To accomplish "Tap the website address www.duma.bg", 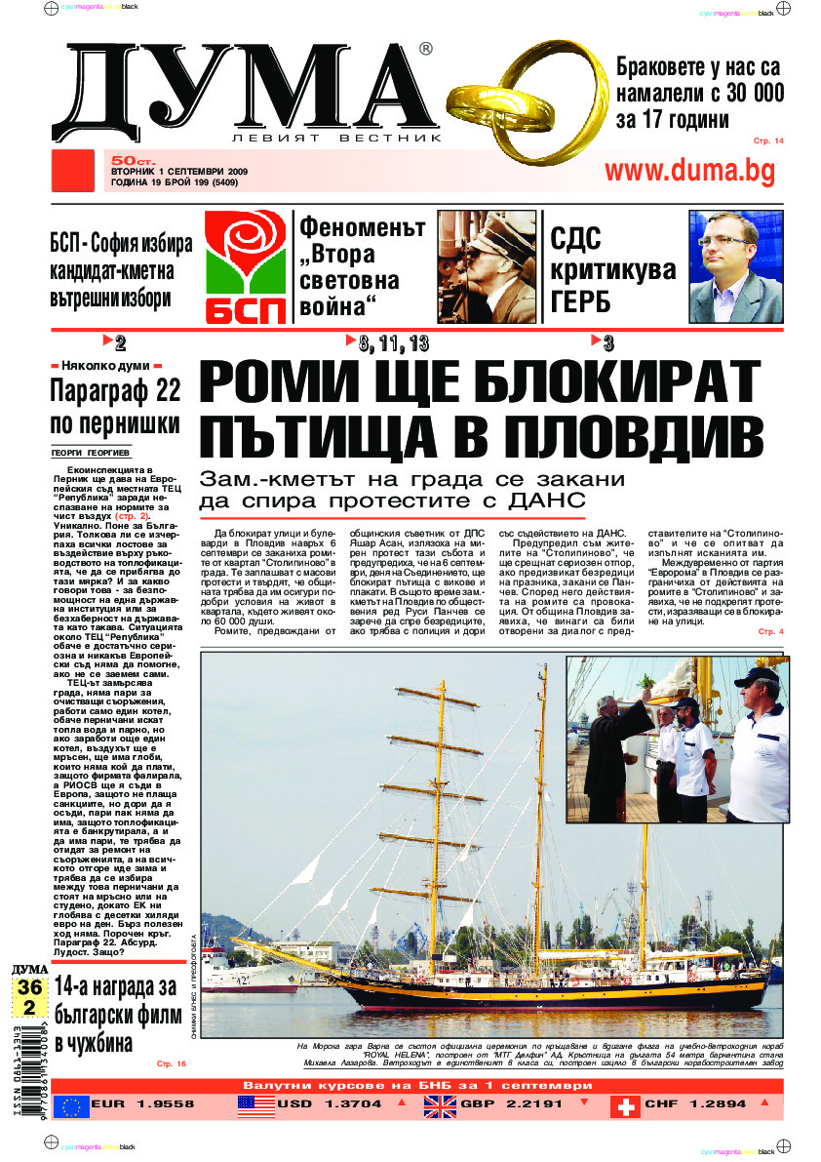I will coord(689,170).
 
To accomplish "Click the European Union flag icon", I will coord(71,1106).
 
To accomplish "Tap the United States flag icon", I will coord(256,1106).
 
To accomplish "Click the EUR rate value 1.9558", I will coord(158,1105).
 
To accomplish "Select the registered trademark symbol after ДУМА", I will coord(425,49).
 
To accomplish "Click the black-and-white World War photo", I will coord(487,266).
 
